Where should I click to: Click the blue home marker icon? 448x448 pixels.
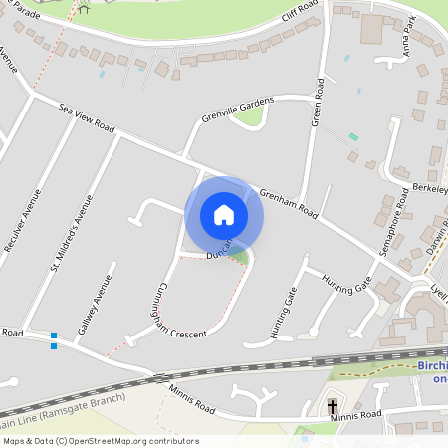point(223,214)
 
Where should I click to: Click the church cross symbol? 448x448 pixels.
point(333,406)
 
